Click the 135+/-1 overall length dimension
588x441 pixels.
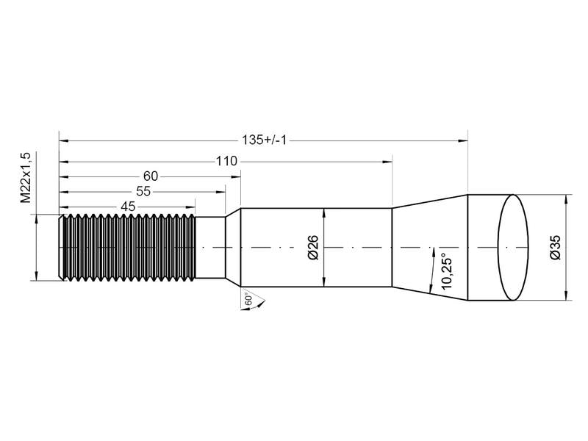(x=263, y=140)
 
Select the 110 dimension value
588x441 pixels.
(x=226, y=159)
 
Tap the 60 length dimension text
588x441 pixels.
(x=151, y=176)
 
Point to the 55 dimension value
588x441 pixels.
(x=143, y=191)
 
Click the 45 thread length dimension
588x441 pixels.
(x=128, y=207)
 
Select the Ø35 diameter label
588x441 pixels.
(x=556, y=248)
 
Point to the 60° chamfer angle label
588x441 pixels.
(x=249, y=300)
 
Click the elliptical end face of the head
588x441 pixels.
(x=514, y=248)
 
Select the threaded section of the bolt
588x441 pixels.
(x=129, y=248)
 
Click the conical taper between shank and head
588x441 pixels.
(x=430, y=248)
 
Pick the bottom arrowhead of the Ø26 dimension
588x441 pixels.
(x=324, y=284)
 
